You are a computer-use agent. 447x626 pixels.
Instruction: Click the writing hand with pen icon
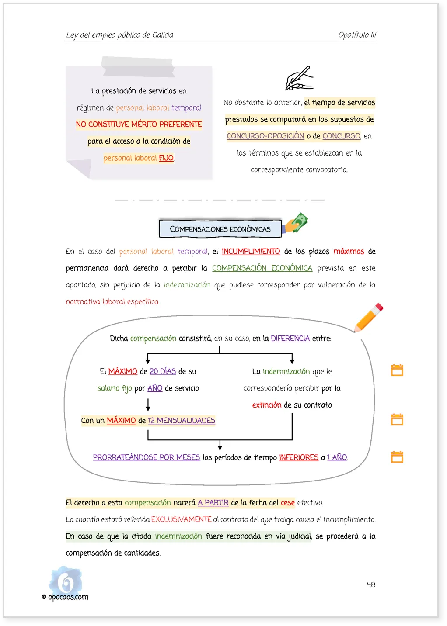(x=299, y=78)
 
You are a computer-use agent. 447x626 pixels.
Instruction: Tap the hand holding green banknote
(x=295, y=223)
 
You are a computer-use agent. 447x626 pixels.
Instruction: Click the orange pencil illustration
(x=368, y=318)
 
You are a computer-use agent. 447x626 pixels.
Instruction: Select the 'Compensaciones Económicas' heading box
(x=220, y=229)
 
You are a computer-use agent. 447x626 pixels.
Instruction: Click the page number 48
(x=370, y=584)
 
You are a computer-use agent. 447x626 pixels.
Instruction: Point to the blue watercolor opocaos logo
(x=66, y=581)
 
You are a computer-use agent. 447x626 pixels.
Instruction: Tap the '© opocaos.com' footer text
(x=65, y=597)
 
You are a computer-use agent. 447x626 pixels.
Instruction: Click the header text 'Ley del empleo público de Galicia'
(x=119, y=35)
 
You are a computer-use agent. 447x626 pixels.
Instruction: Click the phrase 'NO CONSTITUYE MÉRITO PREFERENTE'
(x=139, y=124)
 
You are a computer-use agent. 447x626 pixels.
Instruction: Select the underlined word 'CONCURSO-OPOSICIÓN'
(x=265, y=136)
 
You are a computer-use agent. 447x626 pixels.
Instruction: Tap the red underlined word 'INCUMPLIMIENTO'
(x=251, y=251)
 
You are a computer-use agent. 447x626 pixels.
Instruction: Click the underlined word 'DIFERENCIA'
(x=290, y=338)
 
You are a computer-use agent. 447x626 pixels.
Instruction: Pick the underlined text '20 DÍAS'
(x=163, y=371)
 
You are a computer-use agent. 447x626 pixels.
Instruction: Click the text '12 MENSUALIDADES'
(x=181, y=420)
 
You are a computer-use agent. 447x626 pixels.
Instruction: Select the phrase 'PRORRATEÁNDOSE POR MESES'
(x=146, y=457)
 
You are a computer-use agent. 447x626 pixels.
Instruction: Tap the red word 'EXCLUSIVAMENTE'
(x=181, y=519)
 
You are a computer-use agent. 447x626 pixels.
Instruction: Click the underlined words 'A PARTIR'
(x=213, y=502)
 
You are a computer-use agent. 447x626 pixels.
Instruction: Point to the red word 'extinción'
(x=266, y=405)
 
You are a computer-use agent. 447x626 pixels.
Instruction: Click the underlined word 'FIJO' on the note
(x=166, y=158)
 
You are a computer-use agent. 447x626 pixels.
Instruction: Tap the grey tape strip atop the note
(x=138, y=66)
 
